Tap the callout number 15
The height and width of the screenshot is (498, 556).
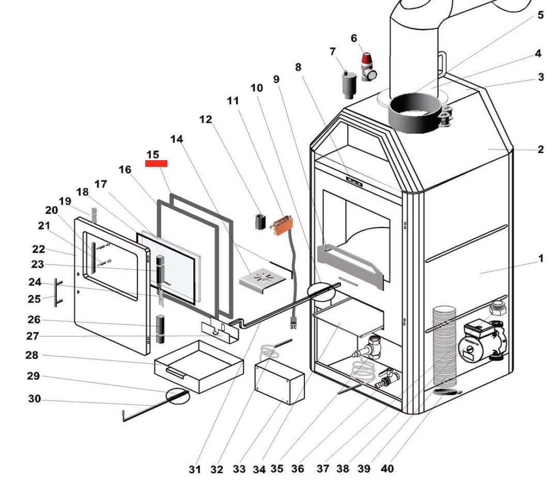point(153,154)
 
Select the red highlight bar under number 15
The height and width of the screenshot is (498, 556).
point(156,163)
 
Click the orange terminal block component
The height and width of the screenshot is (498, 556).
point(283,225)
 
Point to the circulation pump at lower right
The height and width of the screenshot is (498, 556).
point(482,340)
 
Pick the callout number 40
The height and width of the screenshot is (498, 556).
point(387,469)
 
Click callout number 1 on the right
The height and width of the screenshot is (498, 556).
point(540,258)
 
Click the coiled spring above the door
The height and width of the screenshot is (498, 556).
point(95,215)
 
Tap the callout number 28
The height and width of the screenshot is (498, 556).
point(32,355)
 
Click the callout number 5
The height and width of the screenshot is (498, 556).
point(540,15)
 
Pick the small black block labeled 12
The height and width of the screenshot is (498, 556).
point(260,222)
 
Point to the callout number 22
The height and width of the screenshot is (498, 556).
point(39,249)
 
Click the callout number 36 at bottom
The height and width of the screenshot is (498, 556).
point(298,469)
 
